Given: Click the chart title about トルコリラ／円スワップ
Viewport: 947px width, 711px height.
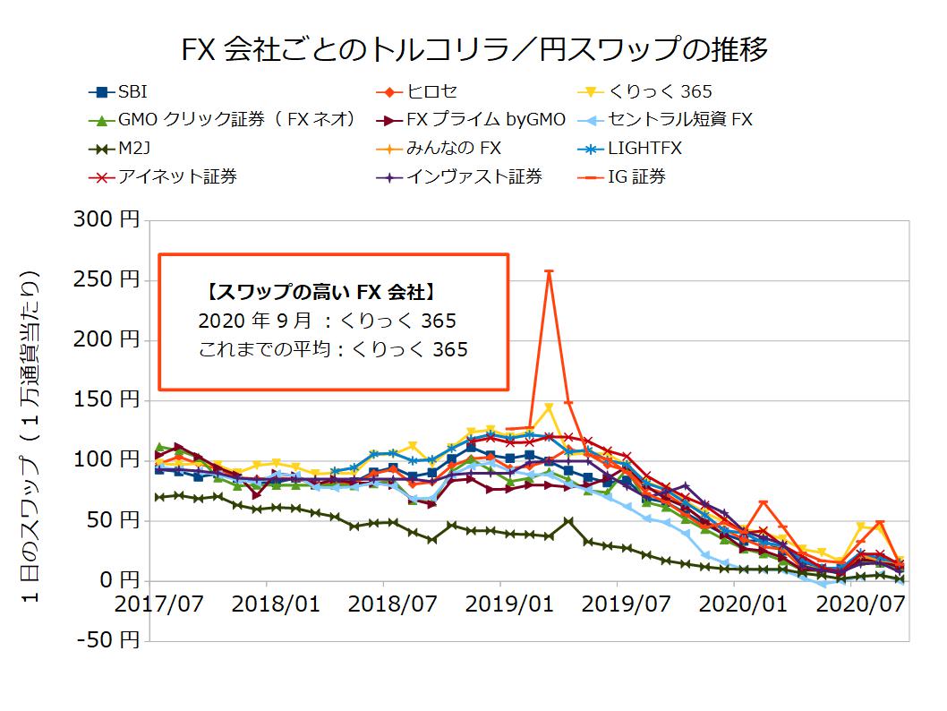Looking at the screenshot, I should [x=474, y=49].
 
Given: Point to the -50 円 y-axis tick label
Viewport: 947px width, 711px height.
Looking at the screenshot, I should [x=107, y=640].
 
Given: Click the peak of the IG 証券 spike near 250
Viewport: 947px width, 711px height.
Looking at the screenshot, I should [x=549, y=271].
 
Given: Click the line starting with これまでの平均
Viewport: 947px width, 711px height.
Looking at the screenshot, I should [x=333, y=349].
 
